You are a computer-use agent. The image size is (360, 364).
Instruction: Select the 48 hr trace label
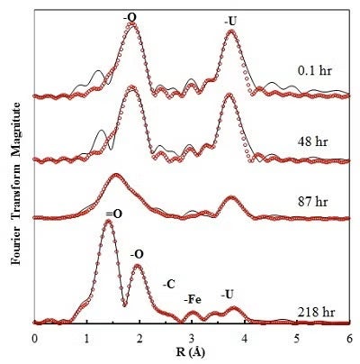(x=314, y=142)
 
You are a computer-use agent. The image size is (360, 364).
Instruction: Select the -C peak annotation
(x=168, y=284)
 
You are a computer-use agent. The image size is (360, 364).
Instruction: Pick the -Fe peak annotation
(x=192, y=298)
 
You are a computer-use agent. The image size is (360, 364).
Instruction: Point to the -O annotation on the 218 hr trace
(x=138, y=255)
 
